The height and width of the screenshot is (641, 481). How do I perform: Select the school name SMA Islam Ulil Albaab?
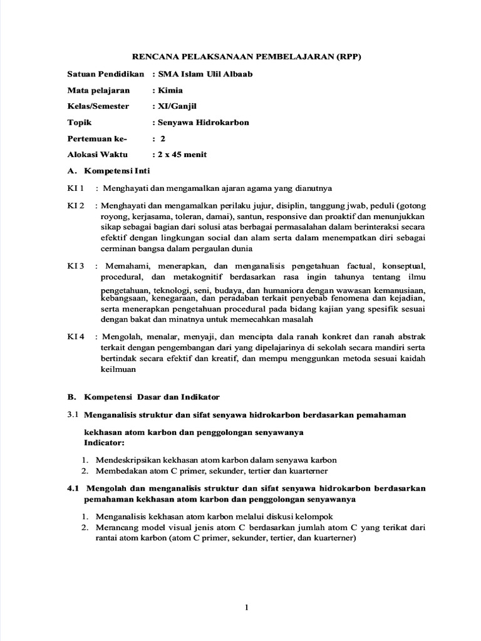202,74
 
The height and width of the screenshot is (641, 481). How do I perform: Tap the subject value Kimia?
171,90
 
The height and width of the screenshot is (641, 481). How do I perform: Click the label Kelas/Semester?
98,106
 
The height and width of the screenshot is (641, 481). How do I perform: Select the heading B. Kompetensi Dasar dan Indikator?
143,397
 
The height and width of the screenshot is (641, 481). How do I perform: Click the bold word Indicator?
104,442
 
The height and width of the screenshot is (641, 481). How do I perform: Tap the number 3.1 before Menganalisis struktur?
73,414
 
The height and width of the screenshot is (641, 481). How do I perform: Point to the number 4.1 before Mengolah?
74,488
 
